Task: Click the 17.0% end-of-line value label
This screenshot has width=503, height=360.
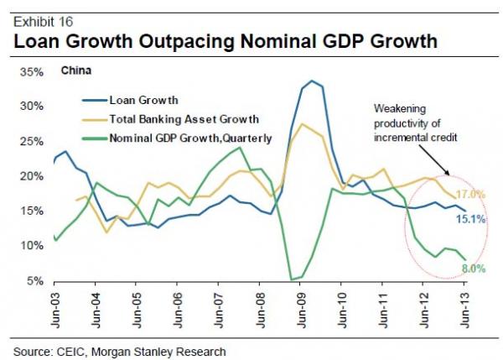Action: pos(469,195)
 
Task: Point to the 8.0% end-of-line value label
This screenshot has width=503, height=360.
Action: pos(471,269)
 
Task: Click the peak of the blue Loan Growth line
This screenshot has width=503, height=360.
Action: pos(313,81)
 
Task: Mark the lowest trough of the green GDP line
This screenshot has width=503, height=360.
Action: pos(292,279)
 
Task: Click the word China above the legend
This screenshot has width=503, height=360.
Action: pos(76,70)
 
